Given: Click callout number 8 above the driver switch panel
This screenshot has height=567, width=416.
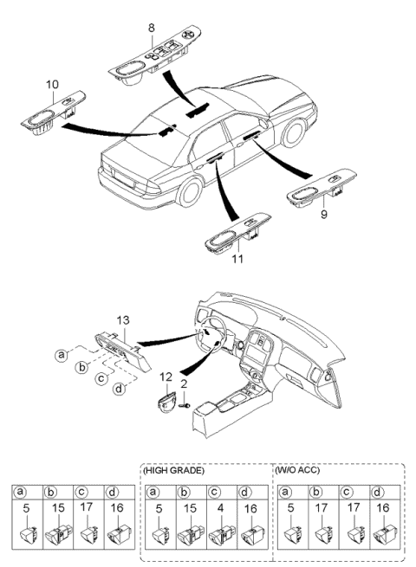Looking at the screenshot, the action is tap(152, 28).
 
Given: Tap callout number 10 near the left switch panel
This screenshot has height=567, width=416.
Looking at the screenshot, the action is tap(52, 84).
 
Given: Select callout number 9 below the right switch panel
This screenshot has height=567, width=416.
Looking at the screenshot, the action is tap(323, 214).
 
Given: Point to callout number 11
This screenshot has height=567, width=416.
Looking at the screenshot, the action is tap(237, 259).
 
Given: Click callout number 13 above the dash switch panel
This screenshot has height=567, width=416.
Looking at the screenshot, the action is tap(123, 320).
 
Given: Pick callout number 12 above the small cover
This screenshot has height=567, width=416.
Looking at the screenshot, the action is tap(166, 377).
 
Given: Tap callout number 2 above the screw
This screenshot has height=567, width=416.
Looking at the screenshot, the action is tap(184, 383).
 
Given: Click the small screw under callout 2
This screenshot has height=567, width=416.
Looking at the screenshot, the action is tap(185, 406).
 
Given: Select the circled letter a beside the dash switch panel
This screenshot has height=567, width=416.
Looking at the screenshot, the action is tap(62, 355).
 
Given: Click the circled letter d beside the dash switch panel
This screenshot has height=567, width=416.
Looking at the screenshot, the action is tap(119, 389).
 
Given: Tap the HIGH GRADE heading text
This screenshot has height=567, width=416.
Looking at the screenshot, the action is tap(174, 470).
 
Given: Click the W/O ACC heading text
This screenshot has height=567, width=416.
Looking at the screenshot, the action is tap(297, 470).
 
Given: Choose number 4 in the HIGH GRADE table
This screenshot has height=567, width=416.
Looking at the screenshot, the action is tap(221, 508).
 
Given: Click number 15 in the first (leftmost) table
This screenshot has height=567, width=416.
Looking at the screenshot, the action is tap(58, 507).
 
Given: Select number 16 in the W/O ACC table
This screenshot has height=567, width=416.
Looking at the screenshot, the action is tap(382, 507).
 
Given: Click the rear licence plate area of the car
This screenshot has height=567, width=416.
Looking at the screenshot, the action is tap(124, 178).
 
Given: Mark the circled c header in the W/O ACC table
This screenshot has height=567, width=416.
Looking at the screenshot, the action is tap(347, 492).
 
